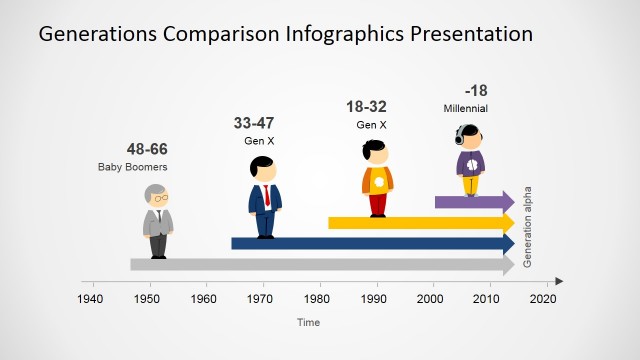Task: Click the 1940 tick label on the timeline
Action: (91, 299)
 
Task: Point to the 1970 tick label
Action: (262, 299)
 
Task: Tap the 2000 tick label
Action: (433, 299)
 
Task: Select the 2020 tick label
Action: (545, 299)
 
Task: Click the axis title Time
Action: (308, 322)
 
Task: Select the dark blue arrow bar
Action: (370, 243)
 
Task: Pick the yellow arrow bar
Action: (420, 222)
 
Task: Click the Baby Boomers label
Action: (132, 167)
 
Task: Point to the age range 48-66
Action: (146, 150)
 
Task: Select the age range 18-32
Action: (367, 107)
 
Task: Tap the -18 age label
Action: (475, 90)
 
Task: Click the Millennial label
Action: (465, 108)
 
